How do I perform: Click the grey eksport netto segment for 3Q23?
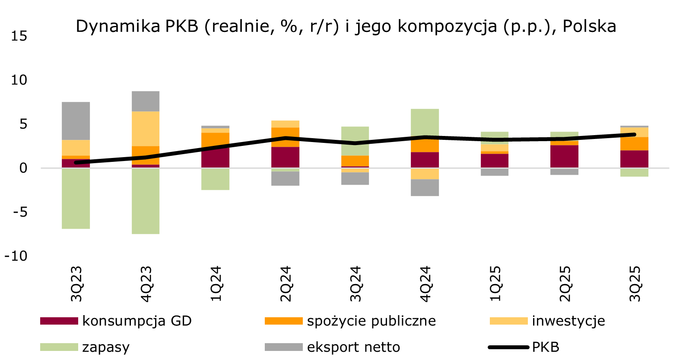coord(76,121)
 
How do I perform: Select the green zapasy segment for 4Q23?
coord(146,201)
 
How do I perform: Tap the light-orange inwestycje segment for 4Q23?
coord(146,129)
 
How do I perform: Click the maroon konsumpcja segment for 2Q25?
coord(564,156)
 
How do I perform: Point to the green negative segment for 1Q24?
coord(215,179)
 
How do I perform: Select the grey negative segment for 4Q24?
coord(425,187)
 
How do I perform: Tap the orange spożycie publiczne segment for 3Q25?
coord(634,143)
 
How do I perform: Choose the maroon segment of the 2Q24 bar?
coord(285,157)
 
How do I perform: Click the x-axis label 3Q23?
coord(76,284)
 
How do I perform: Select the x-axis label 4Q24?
coord(425,284)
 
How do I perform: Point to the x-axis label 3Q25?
coord(635,284)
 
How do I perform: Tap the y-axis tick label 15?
coord(19,36)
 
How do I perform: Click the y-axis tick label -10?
coord(16,256)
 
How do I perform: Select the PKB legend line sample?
coord(508,347)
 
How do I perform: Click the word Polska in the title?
coord(589,26)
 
